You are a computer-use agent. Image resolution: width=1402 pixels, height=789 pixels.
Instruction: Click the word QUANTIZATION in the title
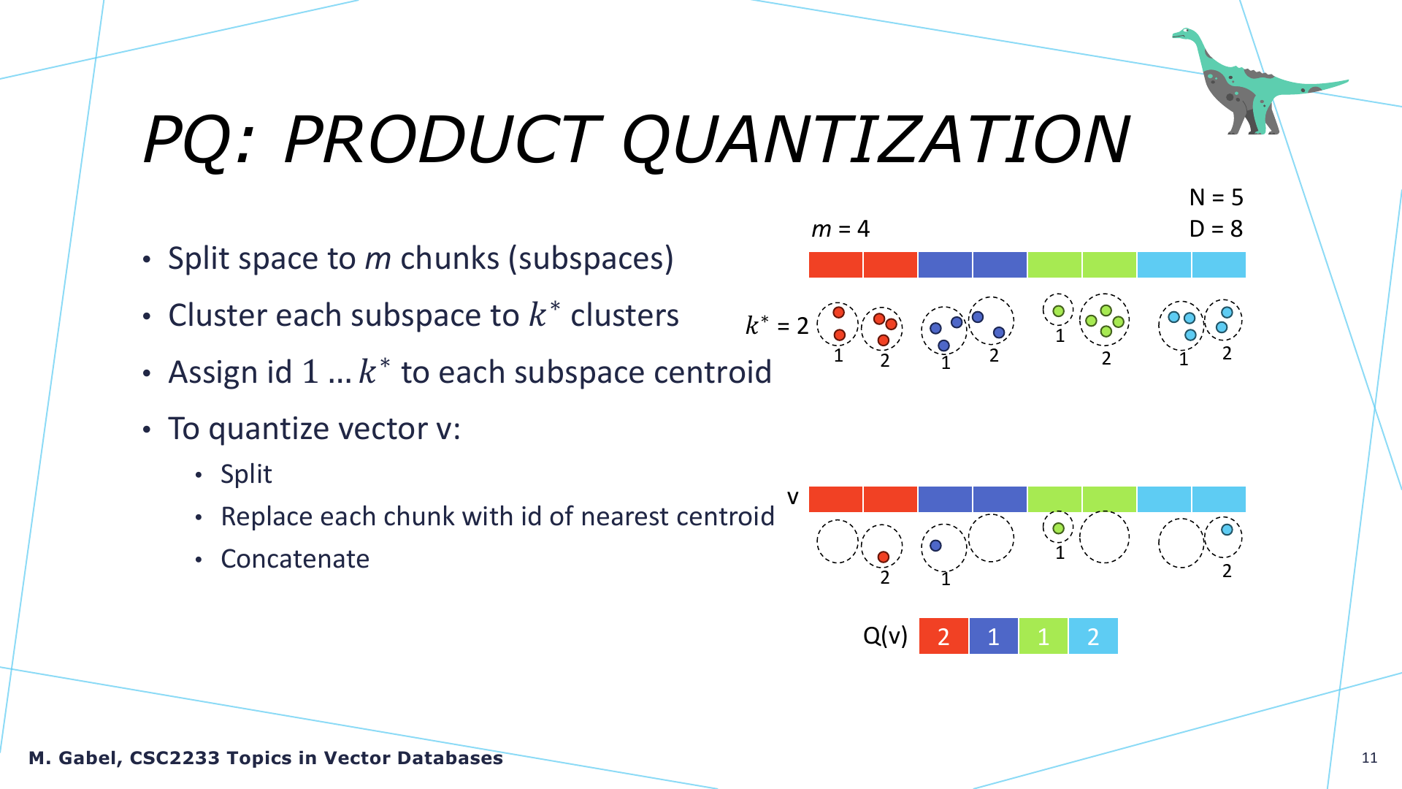876,140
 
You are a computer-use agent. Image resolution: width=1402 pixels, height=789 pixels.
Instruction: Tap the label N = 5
1216,197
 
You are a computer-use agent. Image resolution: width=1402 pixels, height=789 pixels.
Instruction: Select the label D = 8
1216,229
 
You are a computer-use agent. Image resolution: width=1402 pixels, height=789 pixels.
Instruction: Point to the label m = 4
840,229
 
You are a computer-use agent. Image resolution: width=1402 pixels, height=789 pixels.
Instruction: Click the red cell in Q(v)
943,636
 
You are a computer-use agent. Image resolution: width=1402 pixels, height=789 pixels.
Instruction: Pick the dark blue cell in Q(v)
993,636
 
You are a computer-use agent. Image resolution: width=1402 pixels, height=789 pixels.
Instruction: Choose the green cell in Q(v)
1043,636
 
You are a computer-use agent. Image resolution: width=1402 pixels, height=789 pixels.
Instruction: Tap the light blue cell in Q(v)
1093,636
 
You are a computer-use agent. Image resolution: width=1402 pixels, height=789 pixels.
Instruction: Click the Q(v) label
885,636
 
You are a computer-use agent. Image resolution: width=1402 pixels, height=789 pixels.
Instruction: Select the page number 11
1369,758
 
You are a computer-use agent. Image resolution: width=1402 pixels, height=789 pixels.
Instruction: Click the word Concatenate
295,559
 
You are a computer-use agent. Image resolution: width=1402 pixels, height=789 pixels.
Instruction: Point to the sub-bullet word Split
246,475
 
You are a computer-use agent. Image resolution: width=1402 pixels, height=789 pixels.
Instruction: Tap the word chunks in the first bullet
449,259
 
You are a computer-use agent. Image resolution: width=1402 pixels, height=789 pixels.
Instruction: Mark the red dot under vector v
884,557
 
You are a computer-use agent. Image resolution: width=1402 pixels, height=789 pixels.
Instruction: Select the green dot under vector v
1058,527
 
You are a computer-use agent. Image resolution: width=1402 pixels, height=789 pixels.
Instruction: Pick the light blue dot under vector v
1227,530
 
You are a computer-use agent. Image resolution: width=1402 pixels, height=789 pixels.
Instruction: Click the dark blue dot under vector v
935,545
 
